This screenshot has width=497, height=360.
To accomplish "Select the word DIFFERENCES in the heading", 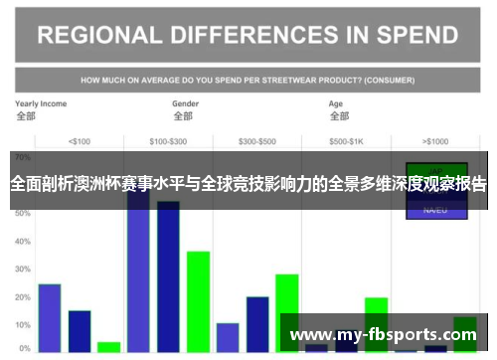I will (256, 37).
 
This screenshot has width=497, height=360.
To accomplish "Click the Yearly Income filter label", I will (41, 103).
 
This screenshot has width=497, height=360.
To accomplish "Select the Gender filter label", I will (186, 103).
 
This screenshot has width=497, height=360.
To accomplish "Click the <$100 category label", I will (80, 140).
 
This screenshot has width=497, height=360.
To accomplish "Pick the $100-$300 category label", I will (168, 140).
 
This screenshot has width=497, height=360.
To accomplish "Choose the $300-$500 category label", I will (257, 140).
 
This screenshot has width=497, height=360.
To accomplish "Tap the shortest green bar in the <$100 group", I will (109, 347).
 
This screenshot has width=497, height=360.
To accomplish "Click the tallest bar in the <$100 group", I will (50, 317).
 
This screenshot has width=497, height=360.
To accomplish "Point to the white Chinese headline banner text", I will (248, 184).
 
